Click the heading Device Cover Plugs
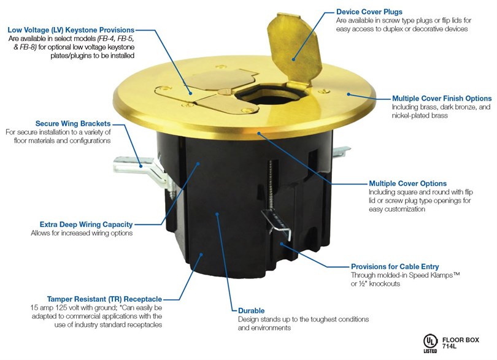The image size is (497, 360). tap(369, 12)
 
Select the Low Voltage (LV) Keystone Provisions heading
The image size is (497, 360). tap(71, 30)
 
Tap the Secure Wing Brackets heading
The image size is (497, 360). tap(73, 124)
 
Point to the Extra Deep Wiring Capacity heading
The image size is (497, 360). tap(87, 224)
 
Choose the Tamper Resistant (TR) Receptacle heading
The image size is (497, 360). tap(104, 299)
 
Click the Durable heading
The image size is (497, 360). tap(252, 311)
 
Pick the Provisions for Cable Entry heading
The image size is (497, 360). tap(395, 267)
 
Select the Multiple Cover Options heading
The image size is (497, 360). tap(408, 183)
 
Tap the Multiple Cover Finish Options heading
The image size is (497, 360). tap(442, 99)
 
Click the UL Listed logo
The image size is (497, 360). tap(431, 343)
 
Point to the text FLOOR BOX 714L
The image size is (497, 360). tap(461, 343)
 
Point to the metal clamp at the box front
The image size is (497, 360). tap(277, 223)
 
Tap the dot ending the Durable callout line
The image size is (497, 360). tap(217, 214)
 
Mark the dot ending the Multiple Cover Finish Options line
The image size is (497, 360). tap(348, 94)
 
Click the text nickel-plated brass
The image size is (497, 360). tap(420, 116)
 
